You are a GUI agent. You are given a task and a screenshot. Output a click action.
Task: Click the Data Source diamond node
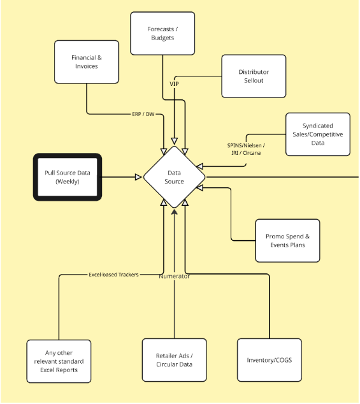175,177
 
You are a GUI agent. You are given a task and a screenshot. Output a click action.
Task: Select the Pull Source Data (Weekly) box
67,177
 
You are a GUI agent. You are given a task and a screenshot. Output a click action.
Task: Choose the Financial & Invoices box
86,62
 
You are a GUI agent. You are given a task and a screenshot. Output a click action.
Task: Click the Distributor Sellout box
254,76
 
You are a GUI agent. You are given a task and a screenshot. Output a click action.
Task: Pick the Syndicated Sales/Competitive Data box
317,134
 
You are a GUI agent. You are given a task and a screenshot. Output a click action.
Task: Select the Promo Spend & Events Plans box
287,241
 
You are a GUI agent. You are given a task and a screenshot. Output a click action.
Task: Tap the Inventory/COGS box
269,360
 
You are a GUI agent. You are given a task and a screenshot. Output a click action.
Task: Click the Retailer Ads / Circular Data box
174,360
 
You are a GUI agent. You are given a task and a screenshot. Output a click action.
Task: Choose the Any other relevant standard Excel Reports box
59,361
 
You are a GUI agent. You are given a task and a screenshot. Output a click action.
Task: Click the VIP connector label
174,84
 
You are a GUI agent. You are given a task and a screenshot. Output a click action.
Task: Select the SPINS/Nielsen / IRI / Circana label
246,149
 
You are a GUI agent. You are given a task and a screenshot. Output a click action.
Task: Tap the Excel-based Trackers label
113,275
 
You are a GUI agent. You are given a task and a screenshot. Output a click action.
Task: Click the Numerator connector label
174,276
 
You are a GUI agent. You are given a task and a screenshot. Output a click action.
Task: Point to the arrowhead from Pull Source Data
138,177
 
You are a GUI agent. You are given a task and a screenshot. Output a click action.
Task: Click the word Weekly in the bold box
67,182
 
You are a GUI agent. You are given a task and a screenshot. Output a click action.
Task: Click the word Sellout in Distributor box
254,80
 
